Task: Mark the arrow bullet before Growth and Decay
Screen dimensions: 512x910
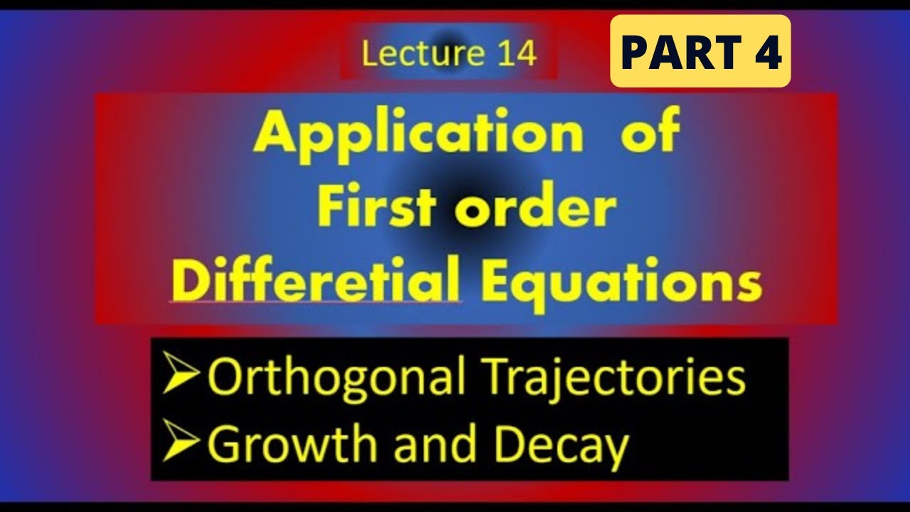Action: tap(181, 444)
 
